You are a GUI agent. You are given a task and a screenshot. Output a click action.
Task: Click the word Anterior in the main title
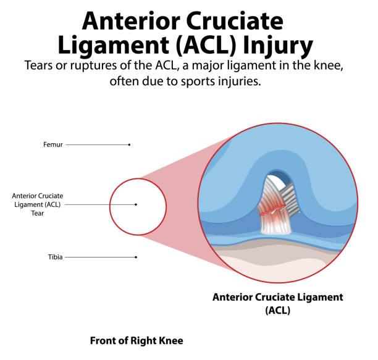pos(131,21)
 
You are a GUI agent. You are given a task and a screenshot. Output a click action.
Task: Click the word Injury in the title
pos(278,45)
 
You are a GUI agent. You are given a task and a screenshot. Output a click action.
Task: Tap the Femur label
pos(52,144)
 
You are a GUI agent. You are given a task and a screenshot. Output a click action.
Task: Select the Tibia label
pos(55,257)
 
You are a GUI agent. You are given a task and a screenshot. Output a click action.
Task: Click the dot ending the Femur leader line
pos(130,145)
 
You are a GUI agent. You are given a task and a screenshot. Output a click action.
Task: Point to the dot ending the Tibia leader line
pos(136,257)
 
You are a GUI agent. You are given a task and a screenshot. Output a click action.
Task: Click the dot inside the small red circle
pos(136,204)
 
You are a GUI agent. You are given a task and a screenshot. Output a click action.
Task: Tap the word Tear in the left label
pos(37,213)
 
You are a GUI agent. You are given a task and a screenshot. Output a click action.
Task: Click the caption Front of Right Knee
pos(136,341)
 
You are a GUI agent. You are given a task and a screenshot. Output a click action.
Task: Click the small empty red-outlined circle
pos(110,207)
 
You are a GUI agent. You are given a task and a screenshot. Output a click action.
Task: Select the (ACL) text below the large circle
pos(278,310)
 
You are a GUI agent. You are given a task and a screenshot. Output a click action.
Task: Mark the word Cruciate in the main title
pos(234,21)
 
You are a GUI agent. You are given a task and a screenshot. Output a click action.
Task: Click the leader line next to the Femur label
pos(97,145)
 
